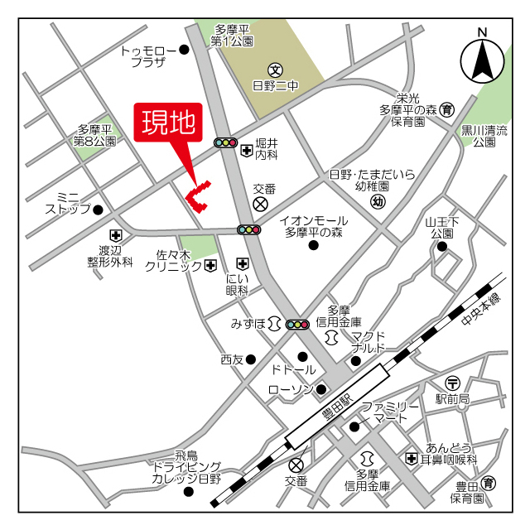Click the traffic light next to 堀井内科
(226, 142)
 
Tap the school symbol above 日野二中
(275, 69)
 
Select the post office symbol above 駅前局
(453, 383)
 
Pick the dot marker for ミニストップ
(98, 210)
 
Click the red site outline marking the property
(197, 195)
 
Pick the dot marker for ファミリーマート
(354, 426)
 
